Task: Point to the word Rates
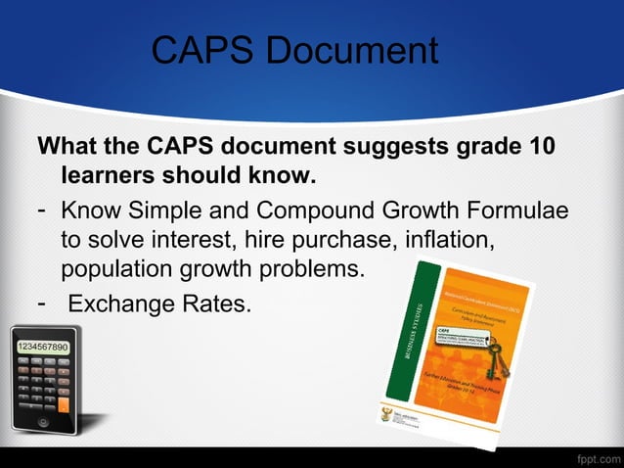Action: coord(210,304)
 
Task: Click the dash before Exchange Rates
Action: coord(43,302)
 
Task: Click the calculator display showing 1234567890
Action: coord(40,348)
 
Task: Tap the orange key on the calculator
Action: coord(64,402)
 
